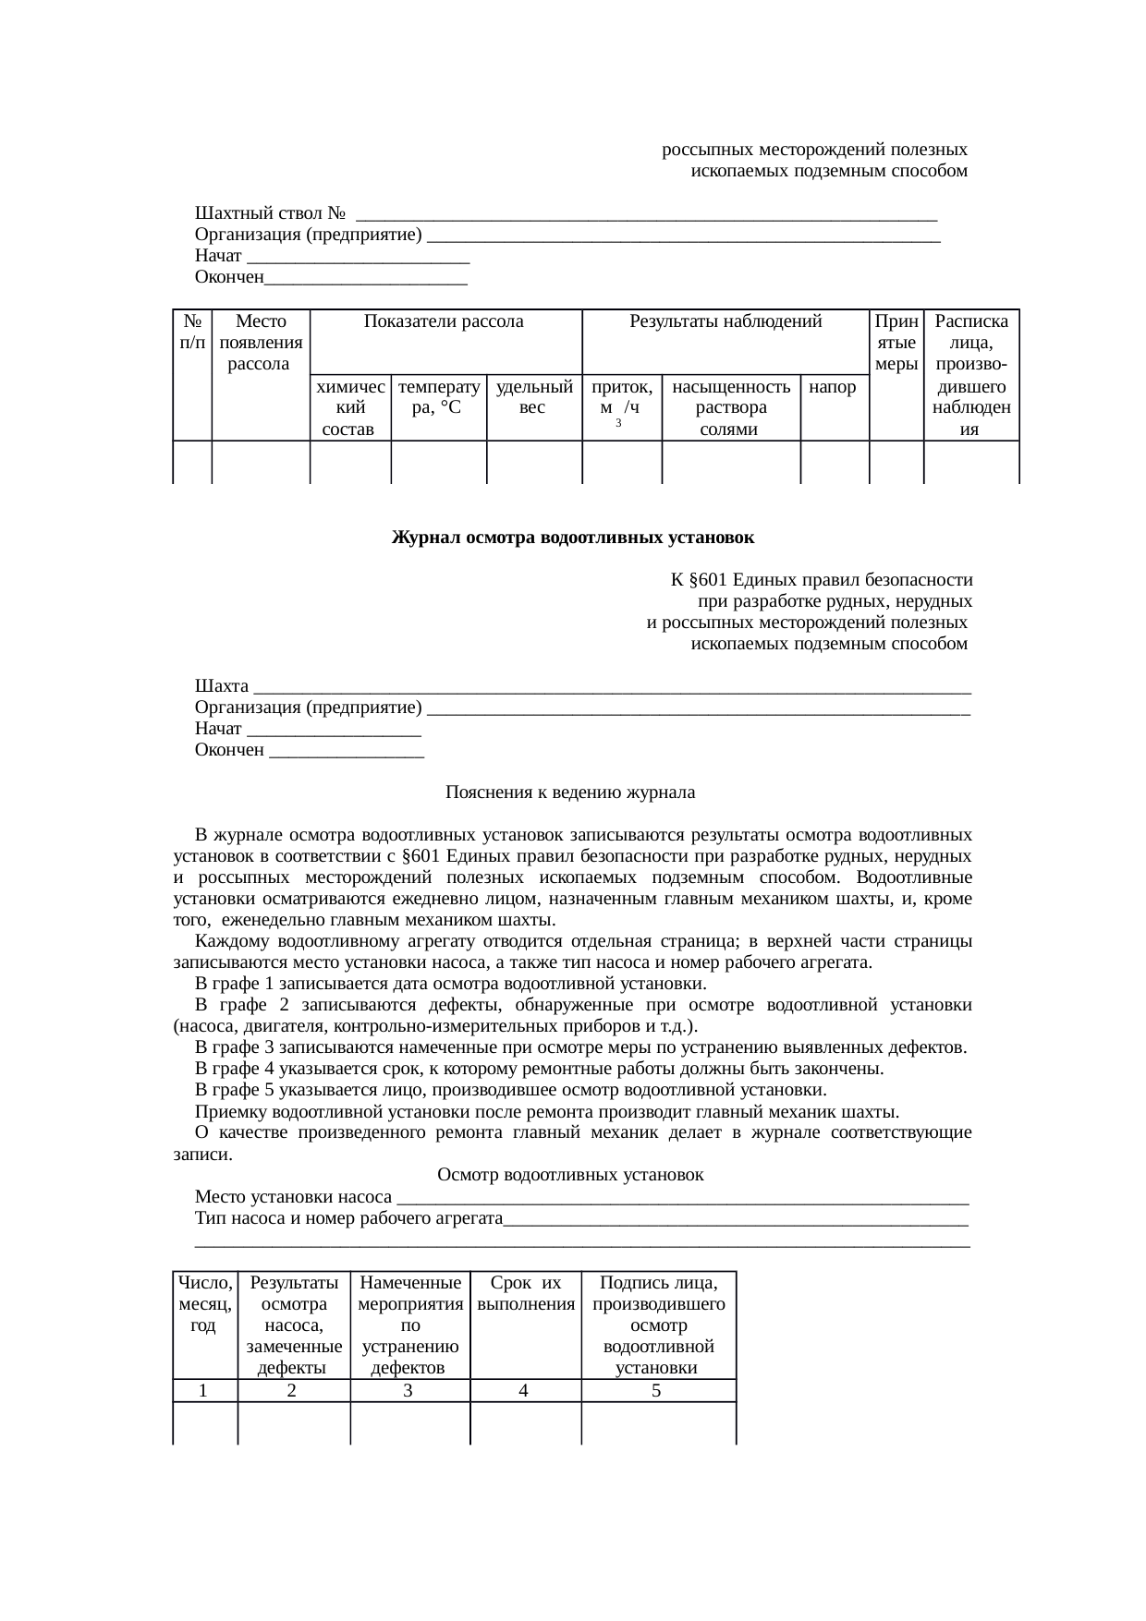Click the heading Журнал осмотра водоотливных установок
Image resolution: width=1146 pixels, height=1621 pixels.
pyautogui.click(x=573, y=538)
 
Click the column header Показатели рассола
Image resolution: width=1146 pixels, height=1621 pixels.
pyautogui.click(x=444, y=322)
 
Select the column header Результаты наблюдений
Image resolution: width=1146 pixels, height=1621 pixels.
pyautogui.click(x=725, y=322)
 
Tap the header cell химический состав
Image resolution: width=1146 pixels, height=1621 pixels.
pyautogui.click(x=350, y=407)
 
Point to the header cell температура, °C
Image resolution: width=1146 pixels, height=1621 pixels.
pyautogui.click(x=439, y=397)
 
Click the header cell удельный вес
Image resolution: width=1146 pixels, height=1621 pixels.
pyautogui.click(x=534, y=397)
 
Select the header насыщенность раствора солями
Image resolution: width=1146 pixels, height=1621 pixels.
pyautogui.click(x=731, y=407)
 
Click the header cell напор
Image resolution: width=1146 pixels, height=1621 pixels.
pyautogui.click(x=833, y=387)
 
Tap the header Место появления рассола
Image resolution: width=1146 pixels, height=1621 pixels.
pyautogui.click(x=261, y=343)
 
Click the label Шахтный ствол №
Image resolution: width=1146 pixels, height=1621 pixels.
pyautogui.click(x=271, y=214)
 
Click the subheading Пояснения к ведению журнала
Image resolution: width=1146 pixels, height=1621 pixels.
pyautogui.click(x=570, y=792)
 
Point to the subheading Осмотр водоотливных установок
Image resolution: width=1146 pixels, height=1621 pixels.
pyautogui.click(x=570, y=1175)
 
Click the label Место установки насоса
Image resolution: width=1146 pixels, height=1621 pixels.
pyautogui.click(x=293, y=1198)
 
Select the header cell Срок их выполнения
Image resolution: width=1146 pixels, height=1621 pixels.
pyautogui.click(x=526, y=1294)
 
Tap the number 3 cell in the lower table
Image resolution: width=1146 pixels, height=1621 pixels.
pyautogui.click(x=408, y=1391)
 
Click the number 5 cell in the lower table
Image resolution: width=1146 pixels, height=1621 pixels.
pyautogui.click(x=656, y=1391)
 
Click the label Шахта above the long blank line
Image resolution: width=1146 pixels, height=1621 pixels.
pyautogui.click(x=222, y=686)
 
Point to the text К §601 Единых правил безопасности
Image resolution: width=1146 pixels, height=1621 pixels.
pyautogui.click(x=821, y=580)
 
